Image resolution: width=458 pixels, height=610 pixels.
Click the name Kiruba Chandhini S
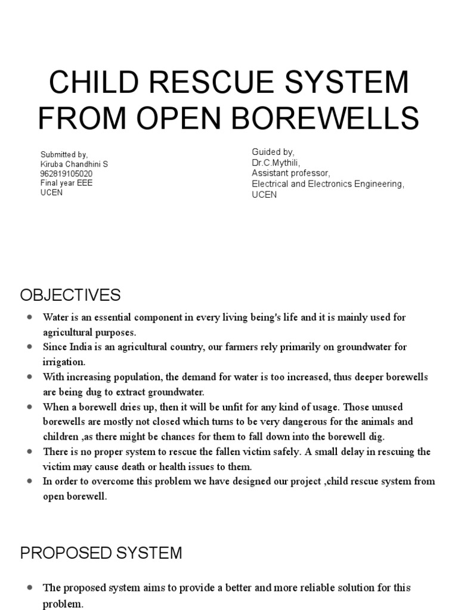74,164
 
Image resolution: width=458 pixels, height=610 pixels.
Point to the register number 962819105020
66,174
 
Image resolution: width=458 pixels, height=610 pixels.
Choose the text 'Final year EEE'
66,183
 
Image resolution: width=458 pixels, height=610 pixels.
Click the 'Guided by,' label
273,153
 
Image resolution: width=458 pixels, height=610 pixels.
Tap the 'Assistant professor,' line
289,173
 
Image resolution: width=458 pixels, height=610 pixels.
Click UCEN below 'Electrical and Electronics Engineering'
264,195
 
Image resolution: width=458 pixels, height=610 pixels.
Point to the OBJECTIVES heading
70,295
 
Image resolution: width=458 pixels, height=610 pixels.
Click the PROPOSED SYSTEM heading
101,553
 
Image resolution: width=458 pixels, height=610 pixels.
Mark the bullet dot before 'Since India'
28,347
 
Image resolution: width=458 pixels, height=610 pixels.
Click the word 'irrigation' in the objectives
64,362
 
